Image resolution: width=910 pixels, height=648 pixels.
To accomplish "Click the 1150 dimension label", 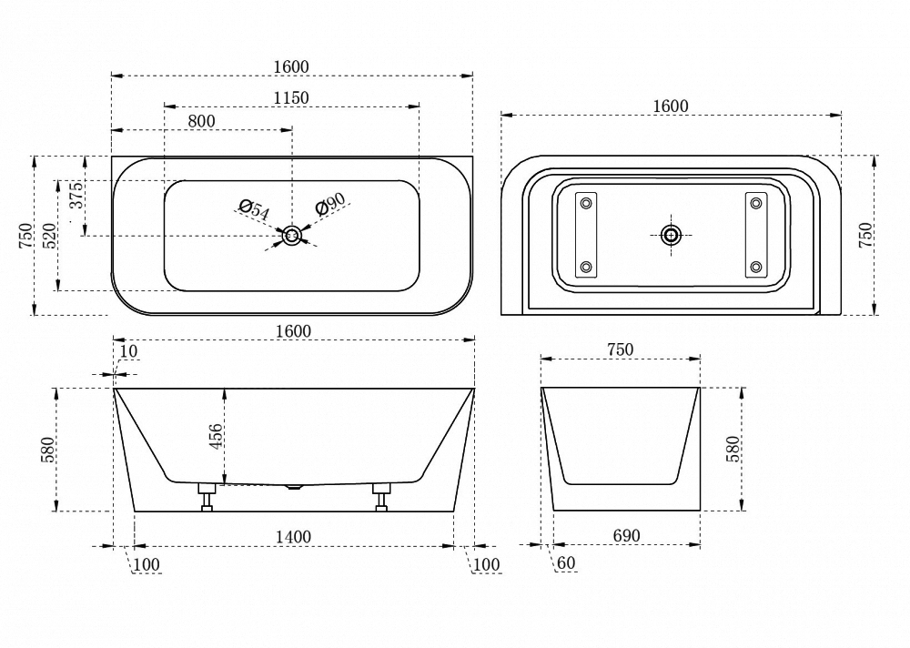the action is click(x=291, y=97).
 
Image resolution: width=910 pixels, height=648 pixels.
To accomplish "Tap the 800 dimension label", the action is click(x=202, y=121).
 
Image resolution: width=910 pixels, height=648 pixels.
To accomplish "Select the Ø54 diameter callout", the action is click(x=254, y=209).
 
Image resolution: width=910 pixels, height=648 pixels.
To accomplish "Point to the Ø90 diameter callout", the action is click(x=330, y=204).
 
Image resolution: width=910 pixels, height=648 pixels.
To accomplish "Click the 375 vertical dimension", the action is click(x=76, y=195).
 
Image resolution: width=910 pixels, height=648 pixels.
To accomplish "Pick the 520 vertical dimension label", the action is click(x=50, y=235).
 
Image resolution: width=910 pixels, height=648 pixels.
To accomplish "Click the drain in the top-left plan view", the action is click(x=292, y=236).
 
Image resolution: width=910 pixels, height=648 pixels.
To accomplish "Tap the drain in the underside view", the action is click(x=672, y=235).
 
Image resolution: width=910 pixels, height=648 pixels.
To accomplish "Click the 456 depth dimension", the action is click(x=216, y=436).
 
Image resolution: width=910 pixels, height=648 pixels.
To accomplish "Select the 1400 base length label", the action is click(x=293, y=537).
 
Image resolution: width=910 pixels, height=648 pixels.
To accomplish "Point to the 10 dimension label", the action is click(x=129, y=351).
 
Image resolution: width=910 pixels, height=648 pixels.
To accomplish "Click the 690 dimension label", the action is click(x=627, y=535).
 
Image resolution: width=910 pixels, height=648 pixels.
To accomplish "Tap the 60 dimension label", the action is click(x=566, y=562).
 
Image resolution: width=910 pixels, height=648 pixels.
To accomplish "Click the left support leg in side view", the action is click(x=207, y=496).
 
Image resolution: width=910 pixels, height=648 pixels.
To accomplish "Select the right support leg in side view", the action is click(x=381, y=496).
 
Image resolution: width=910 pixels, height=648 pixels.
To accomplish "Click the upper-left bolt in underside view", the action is click(x=585, y=203).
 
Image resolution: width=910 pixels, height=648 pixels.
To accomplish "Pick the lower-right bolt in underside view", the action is click(x=755, y=267).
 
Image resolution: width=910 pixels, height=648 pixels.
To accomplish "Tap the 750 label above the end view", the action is click(x=620, y=349).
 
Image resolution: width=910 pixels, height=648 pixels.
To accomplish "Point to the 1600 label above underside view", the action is click(x=671, y=106).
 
